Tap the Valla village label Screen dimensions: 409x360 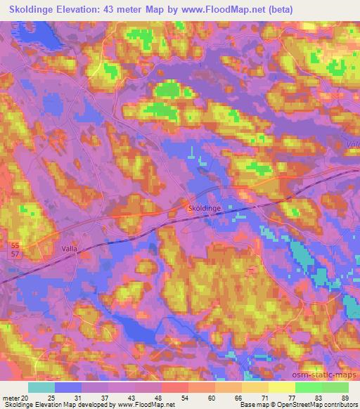click(58, 249)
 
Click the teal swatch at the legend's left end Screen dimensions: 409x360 click(41, 387)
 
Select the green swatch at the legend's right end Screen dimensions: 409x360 click(335, 387)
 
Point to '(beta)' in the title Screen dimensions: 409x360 click(278, 9)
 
